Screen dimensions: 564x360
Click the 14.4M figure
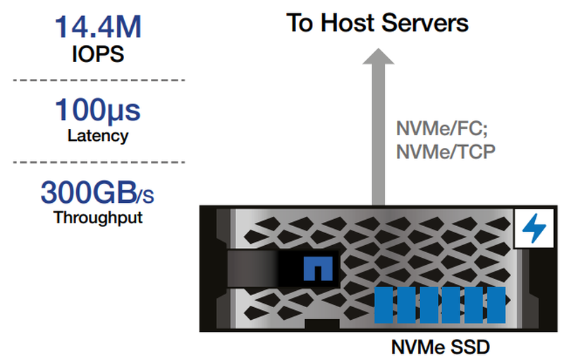[x=98, y=27]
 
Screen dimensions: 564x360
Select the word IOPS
[x=98, y=54]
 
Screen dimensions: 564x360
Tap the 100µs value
[x=97, y=111]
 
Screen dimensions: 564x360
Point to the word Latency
[x=98, y=136]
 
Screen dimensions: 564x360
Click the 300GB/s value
[x=97, y=192]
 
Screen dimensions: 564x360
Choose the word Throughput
[x=98, y=218]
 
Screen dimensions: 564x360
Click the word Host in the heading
[x=348, y=23]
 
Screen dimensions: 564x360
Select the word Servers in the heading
[x=425, y=23]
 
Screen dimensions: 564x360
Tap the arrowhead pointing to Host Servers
[x=378, y=56]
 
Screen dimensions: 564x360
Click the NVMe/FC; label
[x=442, y=128]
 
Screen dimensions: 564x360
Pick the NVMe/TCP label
[x=446, y=151]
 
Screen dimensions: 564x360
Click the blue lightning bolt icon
[x=534, y=228]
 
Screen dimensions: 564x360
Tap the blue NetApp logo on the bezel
[x=318, y=268]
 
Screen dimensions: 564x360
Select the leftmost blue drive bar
[x=384, y=304]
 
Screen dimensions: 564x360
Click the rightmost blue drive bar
[x=496, y=304]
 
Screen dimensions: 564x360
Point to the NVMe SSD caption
[x=440, y=347]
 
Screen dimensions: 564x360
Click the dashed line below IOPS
[x=99, y=80]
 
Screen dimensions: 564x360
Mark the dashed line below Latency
[x=99, y=163]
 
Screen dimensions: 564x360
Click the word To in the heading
[x=300, y=23]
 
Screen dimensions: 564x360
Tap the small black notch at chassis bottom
[x=322, y=323]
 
